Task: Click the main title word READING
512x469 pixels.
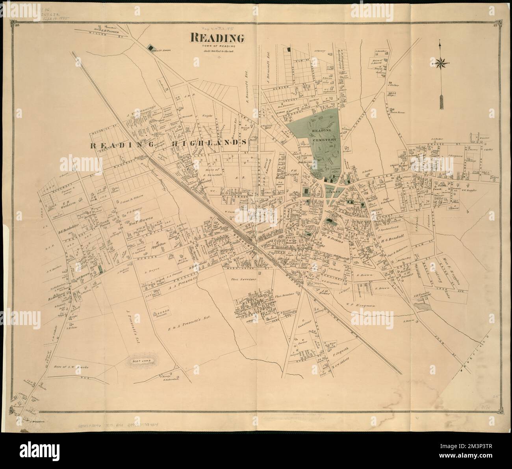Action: point(218,39)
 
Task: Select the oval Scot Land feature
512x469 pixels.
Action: point(142,360)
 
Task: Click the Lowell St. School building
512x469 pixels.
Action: point(150,48)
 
